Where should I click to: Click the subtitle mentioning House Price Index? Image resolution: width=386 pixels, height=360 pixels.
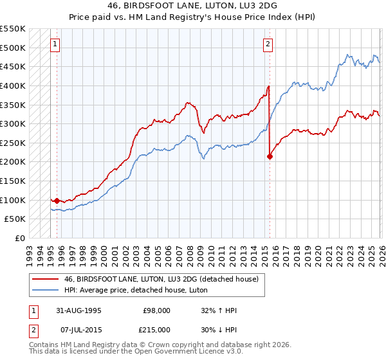[x=193, y=17]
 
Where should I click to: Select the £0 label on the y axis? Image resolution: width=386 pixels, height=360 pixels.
[x=19, y=238]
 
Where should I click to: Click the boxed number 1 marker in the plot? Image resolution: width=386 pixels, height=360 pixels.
[x=55, y=44]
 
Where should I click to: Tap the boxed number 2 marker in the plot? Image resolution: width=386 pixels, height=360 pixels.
[x=268, y=44]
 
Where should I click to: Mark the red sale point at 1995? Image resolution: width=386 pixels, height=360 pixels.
[x=57, y=201]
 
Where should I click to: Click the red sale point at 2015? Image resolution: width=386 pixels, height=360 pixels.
[x=270, y=156]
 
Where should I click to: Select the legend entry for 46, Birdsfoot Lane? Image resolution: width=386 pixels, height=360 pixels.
[x=161, y=279]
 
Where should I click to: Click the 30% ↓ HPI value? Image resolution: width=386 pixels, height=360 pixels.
[x=219, y=329]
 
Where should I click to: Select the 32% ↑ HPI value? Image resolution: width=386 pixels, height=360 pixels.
[x=219, y=310]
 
